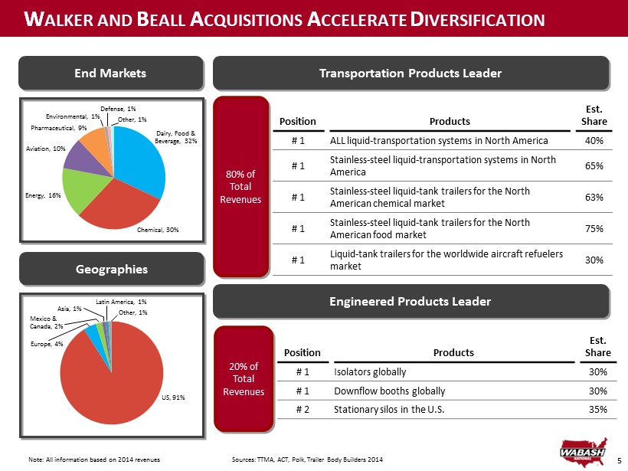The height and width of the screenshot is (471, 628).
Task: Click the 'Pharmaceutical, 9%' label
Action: point(58,127)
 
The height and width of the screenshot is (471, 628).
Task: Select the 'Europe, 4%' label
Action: point(46,345)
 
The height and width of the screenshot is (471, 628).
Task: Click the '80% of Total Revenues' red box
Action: point(240,186)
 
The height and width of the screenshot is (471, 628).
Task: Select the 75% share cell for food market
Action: point(593,228)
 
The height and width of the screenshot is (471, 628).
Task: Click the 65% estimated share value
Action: point(593,165)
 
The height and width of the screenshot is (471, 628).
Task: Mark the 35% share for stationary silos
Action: point(598,409)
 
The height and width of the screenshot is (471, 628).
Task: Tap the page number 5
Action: point(619,460)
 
